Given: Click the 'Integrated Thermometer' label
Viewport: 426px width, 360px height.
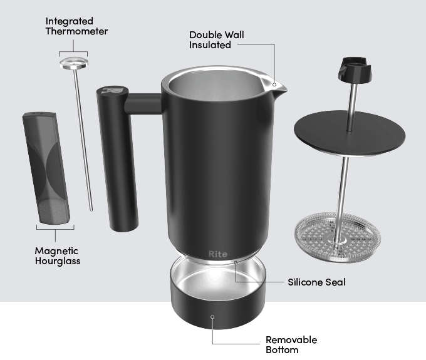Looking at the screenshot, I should click(x=76, y=26).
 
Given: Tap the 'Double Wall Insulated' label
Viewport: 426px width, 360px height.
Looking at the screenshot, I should click(x=217, y=39).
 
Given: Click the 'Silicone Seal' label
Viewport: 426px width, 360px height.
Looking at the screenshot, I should click(x=316, y=282).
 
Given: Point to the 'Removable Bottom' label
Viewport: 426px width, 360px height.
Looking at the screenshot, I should click(x=291, y=344).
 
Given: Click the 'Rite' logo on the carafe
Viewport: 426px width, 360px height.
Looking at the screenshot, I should click(x=218, y=254).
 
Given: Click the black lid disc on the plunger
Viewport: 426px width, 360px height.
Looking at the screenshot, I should click(x=348, y=132).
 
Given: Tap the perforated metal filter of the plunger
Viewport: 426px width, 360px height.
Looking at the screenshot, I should click(x=338, y=236).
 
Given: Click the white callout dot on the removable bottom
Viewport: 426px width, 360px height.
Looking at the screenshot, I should click(x=213, y=317).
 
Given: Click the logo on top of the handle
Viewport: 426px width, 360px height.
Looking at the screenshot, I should click(x=112, y=90).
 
